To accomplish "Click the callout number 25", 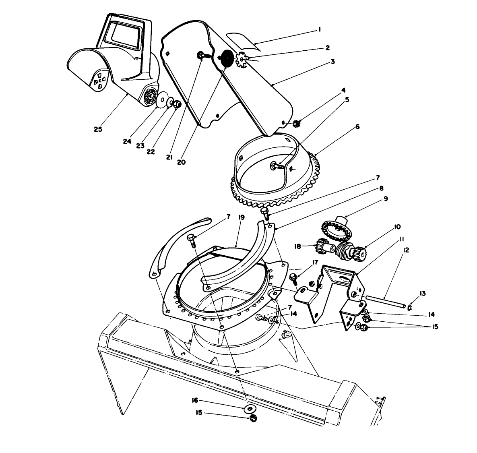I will pyautogui.click(x=98, y=129).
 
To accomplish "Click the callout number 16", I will pyautogui.click(x=194, y=400).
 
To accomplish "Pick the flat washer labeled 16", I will pyautogui.click(x=250, y=410).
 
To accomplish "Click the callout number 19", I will pyautogui.click(x=242, y=217).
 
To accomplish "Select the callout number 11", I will pyautogui.click(x=402, y=239).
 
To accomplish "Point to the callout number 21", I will pyautogui.click(x=169, y=157).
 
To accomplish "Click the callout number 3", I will pyautogui.click(x=332, y=62).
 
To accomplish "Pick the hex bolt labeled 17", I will pyautogui.click(x=293, y=277).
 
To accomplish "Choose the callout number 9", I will pyautogui.click(x=385, y=199).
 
